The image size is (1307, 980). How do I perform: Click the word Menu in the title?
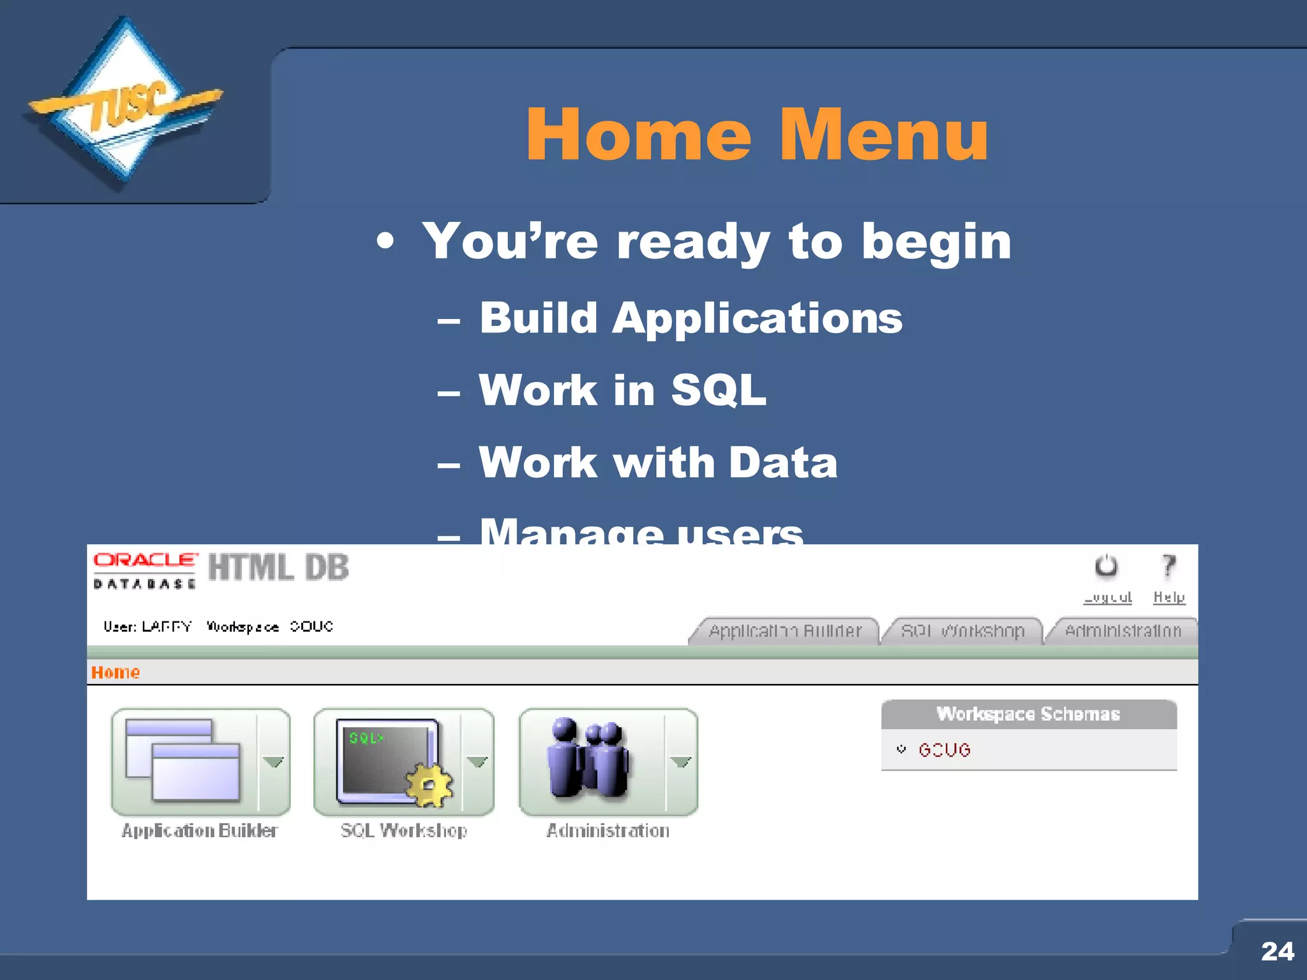click(883, 135)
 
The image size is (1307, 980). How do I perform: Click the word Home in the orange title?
click(638, 135)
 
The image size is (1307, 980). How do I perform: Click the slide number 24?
click(1277, 951)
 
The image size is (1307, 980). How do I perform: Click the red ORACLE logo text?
click(146, 560)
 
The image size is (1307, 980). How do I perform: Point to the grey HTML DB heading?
click(278, 567)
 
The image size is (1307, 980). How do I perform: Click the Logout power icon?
click(1106, 567)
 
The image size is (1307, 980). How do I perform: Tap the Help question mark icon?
click(1168, 566)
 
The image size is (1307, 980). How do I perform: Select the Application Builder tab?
click(785, 631)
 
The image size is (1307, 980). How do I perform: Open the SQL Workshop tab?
click(962, 631)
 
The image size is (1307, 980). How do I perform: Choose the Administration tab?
click(1123, 631)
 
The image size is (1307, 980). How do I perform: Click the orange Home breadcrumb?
click(116, 672)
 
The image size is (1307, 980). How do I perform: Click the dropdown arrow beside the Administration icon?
click(681, 762)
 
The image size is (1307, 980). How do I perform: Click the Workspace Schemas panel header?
click(1028, 714)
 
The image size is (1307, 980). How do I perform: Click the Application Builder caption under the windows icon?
click(200, 831)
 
